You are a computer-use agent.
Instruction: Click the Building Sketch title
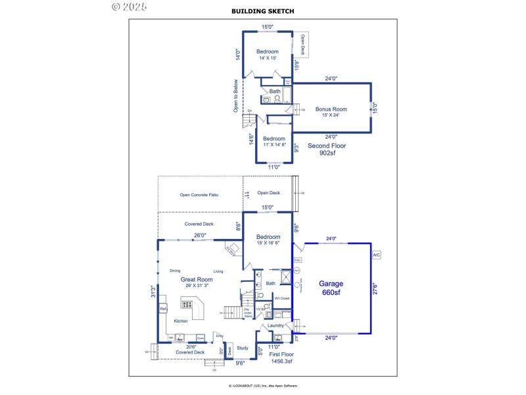(263, 11)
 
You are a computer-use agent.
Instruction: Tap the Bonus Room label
(331, 109)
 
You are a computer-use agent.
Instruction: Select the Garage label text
(331, 284)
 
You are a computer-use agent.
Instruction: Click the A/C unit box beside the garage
(377, 255)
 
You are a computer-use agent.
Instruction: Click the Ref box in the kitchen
(163, 308)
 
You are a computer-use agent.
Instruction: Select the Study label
(243, 348)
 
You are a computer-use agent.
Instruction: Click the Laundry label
(275, 325)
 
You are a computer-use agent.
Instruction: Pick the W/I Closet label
(282, 298)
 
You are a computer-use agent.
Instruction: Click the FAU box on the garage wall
(297, 260)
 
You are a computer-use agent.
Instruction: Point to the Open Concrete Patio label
(199, 195)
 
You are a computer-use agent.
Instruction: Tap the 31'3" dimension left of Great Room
(153, 291)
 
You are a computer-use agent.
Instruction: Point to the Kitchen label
(180, 321)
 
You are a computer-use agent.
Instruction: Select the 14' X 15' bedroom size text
(266, 58)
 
